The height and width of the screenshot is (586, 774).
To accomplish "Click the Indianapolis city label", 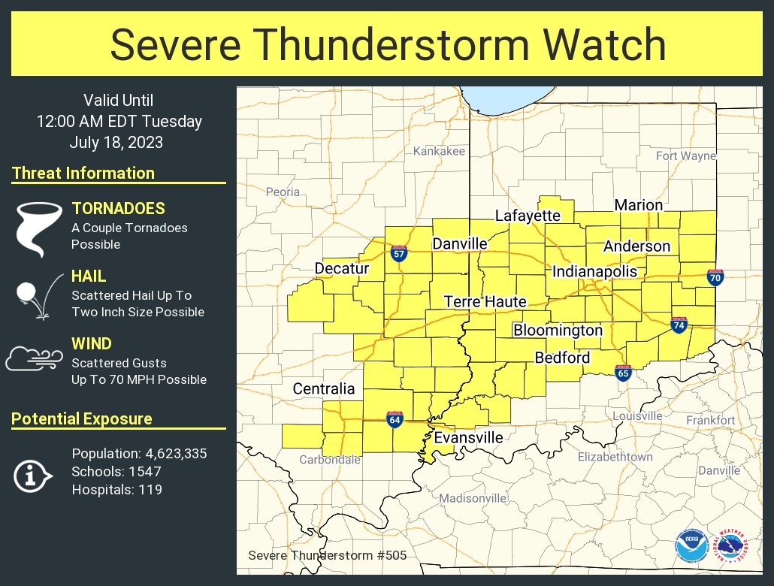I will tap(594, 272).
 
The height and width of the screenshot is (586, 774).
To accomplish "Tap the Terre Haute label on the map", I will tap(485, 301).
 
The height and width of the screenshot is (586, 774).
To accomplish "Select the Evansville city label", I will tap(468, 437).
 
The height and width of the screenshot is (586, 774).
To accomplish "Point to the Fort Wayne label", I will tap(685, 156).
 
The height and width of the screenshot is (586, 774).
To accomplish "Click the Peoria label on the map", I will tap(283, 192).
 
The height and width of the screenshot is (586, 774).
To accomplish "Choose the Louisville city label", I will tap(637, 415).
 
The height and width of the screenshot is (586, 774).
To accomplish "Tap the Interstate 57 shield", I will tap(399, 254).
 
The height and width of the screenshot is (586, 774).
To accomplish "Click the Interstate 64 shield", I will tap(394, 419).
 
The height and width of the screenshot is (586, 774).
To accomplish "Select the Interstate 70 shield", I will tap(715, 277).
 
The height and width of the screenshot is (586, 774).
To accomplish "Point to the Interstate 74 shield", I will tap(679, 325).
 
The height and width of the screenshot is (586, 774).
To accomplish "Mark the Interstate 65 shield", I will tap(623, 373).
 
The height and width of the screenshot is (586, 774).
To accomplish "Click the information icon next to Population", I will tap(32, 475).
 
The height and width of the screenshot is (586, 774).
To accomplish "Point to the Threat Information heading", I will tap(83, 173).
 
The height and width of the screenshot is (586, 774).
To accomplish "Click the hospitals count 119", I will tap(150, 490).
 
